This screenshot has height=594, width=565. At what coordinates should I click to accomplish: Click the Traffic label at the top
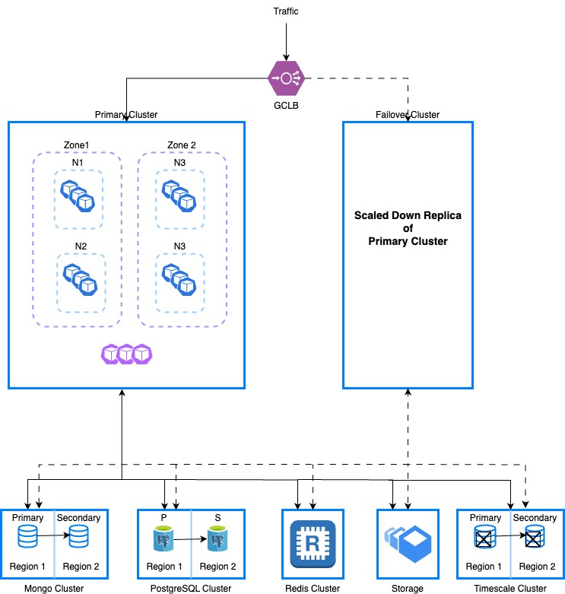[286, 12]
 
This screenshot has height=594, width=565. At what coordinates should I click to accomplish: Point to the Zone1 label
[76, 145]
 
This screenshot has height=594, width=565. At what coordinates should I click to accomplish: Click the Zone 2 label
[182, 145]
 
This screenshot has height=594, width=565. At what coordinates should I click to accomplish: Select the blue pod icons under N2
[81, 277]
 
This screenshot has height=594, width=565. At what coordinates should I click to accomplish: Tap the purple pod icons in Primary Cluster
[126, 354]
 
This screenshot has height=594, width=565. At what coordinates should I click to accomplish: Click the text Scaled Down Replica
[408, 216]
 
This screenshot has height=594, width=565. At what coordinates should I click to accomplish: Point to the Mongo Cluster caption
[54, 588]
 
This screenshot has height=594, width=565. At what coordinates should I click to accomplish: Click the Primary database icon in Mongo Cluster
[27, 538]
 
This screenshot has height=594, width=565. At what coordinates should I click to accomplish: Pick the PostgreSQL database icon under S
[217, 542]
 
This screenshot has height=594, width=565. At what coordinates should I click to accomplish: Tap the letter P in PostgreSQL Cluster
[164, 518]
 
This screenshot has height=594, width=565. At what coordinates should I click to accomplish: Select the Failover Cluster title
[408, 115]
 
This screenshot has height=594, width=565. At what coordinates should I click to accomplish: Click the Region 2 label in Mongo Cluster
[81, 567]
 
